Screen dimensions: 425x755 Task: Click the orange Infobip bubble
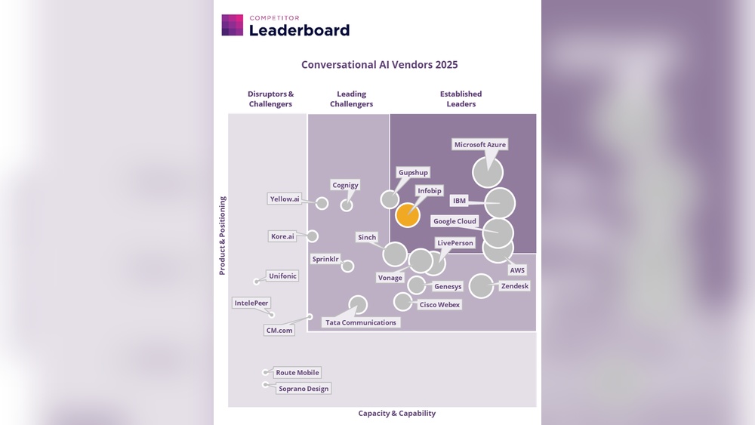click(407, 214)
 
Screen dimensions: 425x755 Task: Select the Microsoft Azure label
click(480, 144)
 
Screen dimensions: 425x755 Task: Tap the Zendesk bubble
click(481, 286)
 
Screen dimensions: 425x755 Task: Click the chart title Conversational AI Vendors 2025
click(380, 65)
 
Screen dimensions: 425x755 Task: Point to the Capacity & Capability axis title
click(396, 413)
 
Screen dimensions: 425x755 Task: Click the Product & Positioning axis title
click(223, 236)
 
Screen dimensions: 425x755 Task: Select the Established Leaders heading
click(461, 99)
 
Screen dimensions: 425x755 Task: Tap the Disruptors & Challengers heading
click(270, 99)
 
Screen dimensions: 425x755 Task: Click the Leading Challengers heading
click(351, 99)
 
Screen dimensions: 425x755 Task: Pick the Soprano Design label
click(304, 388)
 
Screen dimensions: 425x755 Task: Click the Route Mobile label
click(297, 372)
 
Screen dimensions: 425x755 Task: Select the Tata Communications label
click(360, 322)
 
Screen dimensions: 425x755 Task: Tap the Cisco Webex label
click(439, 305)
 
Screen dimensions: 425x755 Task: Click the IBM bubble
click(500, 202)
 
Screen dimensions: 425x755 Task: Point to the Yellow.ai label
click(285, 199)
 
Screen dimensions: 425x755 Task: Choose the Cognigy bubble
click(347, 205)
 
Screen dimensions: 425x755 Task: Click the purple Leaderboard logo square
click(233, 26)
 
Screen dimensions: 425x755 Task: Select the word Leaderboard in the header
click(299, 30)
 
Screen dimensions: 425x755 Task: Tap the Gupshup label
click(413, 173)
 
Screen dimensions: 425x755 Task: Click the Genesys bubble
click(416, 285)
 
